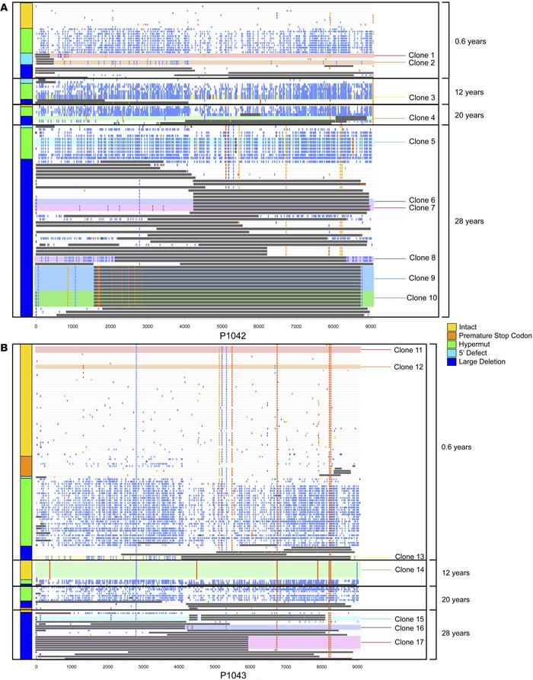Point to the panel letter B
pos(6,345)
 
